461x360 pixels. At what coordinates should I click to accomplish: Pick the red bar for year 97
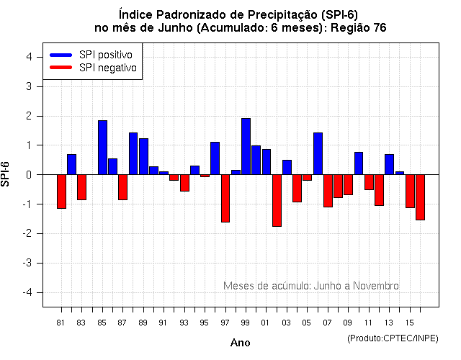click(x=225, y=198)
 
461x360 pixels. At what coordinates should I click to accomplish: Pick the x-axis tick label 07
click(x=328, y=323)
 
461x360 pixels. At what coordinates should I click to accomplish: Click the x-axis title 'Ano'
click(x=240, y=343)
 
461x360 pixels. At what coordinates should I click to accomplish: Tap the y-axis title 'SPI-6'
click(x=6, y=174)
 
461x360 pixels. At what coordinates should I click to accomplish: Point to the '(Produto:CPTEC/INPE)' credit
click(x=392, y=338)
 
